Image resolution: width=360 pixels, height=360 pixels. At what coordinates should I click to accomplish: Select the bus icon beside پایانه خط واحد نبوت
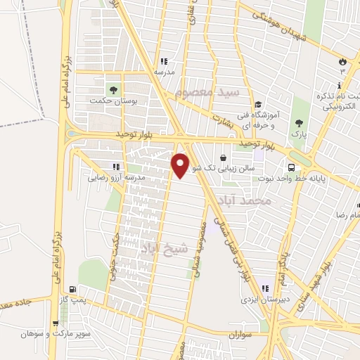pyautogui.click(x=290, y=167)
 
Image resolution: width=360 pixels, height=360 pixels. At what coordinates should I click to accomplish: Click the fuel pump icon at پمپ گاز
pyautogui.click(x=73, y=289)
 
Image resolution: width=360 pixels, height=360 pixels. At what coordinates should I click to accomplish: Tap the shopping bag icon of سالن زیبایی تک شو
pyautogui.click(x=224, y=157)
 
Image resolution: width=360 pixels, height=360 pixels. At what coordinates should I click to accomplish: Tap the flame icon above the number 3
pyautogui.click(x=342, y=60)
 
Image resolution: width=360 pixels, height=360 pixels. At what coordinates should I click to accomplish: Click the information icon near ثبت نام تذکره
pyautogui.click(x=340, y=85)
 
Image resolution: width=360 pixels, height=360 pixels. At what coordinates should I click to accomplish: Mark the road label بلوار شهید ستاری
pyautogui.click(x=326, y=270)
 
